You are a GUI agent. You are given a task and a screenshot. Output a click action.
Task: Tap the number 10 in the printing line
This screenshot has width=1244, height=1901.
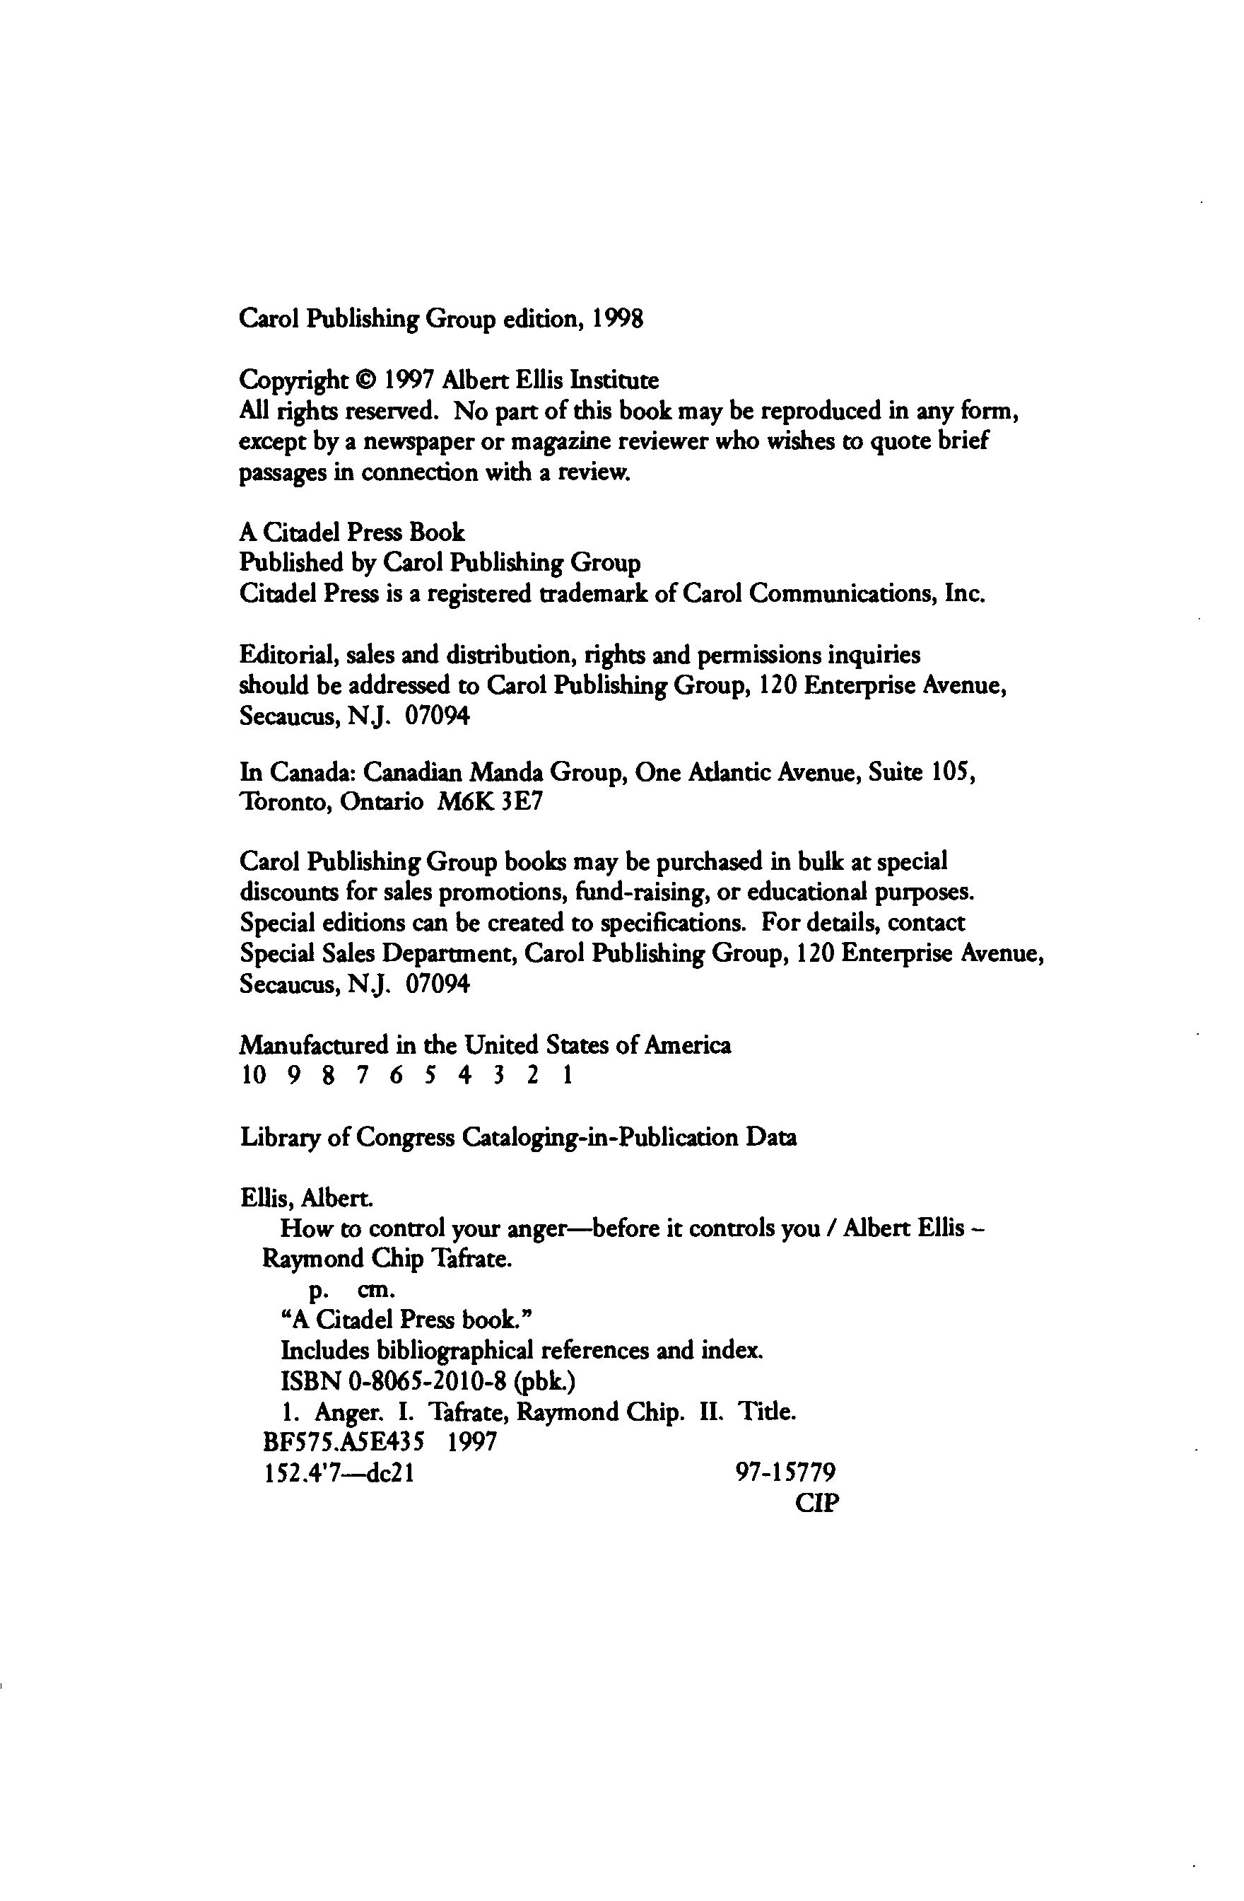[x=253, y=1076]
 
